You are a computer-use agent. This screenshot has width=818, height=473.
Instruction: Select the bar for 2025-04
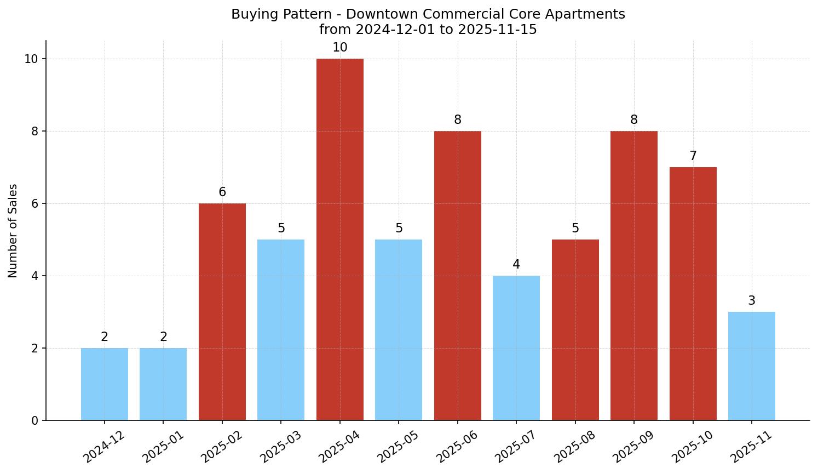pyautogui.click(x=339, y=240)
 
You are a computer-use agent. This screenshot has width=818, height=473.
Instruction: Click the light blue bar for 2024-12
pyautogui.click(x=105, y=384)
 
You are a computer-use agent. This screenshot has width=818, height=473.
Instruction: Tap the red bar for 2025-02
pyautogui.click(x=222, y=311)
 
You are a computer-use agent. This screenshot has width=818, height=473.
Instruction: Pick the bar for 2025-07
pyautogui.click(x=516, y=347)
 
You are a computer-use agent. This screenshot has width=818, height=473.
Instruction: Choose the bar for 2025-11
pyautogui.click(x=751, y=366)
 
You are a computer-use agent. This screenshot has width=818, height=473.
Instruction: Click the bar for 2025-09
pyautogui.click(x=633, y=275)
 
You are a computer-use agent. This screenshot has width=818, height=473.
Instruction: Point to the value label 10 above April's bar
pyautogui.click(x=339, y=48)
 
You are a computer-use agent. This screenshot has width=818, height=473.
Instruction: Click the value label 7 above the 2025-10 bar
pyautogui.click(x=693, y=156)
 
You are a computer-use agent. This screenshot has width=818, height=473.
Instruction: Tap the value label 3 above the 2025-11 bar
pyautogui.click(x=751, y=301)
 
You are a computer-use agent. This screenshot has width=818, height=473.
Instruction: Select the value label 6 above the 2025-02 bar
pyautogui.click(x=222, y=192)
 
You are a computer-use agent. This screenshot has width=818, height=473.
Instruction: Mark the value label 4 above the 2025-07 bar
pyautogui.click(x=516, y=265)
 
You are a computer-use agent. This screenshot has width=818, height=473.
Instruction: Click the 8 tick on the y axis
pyautogui.click(x=35, y=132)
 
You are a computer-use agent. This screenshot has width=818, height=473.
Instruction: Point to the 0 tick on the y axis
pyautogui.click(x=35, y=420)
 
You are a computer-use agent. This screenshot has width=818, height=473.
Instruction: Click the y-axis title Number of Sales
pyautogui.click(x=13, y=231)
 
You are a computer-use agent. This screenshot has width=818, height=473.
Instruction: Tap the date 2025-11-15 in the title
pyautogui.click(x=497, y=30)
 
